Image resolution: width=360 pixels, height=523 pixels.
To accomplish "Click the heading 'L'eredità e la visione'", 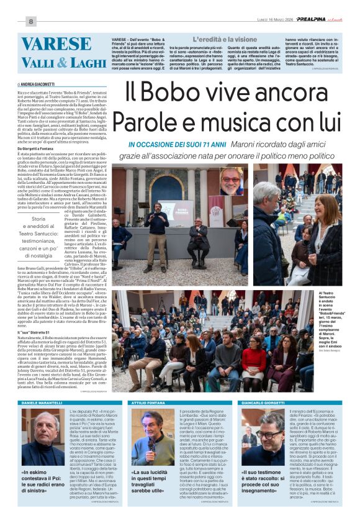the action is pos(207,39).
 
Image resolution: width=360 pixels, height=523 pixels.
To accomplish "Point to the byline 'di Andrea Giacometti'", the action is pos(37,83).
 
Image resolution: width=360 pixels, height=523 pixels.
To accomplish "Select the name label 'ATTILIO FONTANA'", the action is pos(146,421).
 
